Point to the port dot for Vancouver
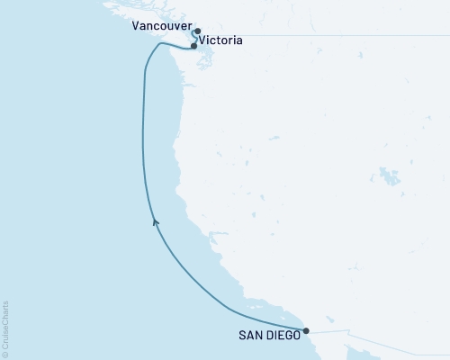(x=197, y=31)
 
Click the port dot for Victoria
(x=193, y=45)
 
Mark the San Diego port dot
(x=307, y=330)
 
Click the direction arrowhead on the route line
(x=156, y=220)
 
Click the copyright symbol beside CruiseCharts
(x=5, y=354)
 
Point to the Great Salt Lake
(x=389, y=174)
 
